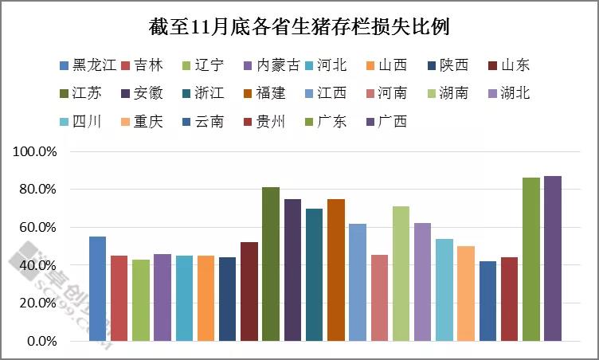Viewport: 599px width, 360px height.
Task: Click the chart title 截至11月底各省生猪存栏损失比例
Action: pos(299,27)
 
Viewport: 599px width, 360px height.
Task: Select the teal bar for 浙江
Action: pos(314,275)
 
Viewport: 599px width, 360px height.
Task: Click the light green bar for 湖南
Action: pos(401,274)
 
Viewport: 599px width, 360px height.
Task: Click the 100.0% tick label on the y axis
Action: pos(34,151)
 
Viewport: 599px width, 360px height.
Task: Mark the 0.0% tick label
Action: pos(41,341)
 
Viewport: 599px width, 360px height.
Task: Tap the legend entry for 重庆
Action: pos(141,121)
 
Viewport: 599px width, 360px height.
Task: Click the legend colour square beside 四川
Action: pos(64,122)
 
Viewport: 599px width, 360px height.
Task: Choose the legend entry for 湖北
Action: pos(507,93)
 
